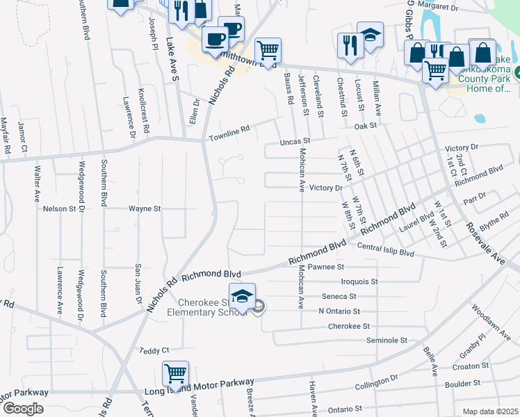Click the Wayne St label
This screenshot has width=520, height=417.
pos(145,208)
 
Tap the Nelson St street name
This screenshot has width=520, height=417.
pos(59,208)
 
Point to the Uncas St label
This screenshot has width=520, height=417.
pos(293,140)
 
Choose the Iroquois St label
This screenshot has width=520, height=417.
pos(359,281)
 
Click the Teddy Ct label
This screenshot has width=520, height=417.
pos(154,351)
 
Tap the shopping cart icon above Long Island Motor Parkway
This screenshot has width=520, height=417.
pos(175,373)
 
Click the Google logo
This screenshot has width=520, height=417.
pos(23,409)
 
